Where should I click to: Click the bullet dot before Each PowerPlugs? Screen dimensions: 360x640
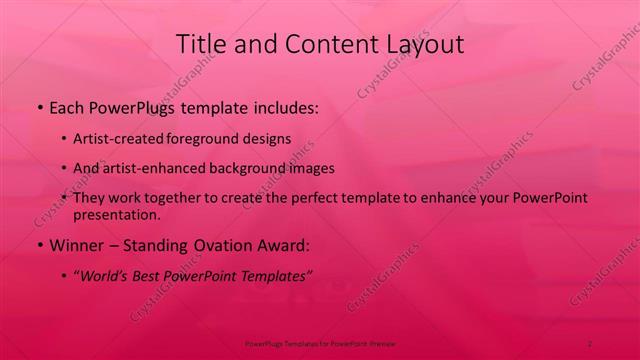pyautogui.click(x=38, y=105)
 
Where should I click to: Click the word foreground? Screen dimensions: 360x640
pyautogui.click(x=204, y=138)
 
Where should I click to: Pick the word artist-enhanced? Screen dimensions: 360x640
pyautogui.click(x=153, y=168)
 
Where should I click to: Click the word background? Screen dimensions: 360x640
pyautogui.click(x=247, y=168)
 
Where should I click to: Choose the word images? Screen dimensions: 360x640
pyautogui.click(x=309, y=168)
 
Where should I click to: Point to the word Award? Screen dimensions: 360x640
pyautogui.click(x=286, y=244)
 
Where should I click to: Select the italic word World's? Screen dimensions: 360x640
pyautogui.click(x=109, y=276)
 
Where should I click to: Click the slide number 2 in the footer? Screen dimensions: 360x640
pyautogui.click(x=590, y=343)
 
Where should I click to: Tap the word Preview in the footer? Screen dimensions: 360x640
pyautogui.click(x=383, y=343)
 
